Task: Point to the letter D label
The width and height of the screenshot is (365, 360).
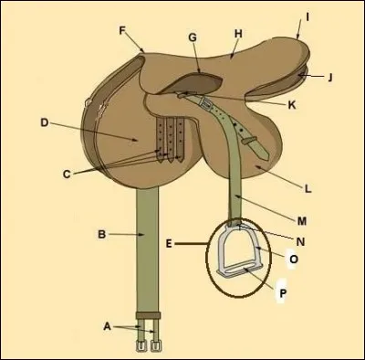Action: [x=44, y=121]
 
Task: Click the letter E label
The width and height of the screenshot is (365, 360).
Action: [x=170, y=244]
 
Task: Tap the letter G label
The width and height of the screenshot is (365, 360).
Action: [x=193, y=37]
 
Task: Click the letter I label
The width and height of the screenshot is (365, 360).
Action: [x=308, y=16]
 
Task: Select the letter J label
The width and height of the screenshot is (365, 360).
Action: [x=329, y=77]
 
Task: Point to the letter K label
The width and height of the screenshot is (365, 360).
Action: [x=292, y=104]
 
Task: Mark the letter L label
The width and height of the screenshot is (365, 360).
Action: [x=308, y=189]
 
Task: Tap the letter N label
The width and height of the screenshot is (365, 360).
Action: [x=301, y=240]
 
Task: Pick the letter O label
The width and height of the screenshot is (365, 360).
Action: [x=294, y=259]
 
